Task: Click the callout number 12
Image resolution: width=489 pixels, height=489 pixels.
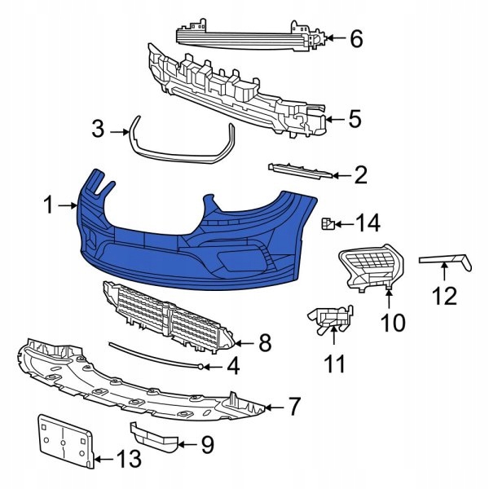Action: tap(444, 295)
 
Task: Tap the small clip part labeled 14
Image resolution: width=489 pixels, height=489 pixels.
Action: tap(327, 222)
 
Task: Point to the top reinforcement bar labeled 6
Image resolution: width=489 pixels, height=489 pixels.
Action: tap(244, 34)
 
